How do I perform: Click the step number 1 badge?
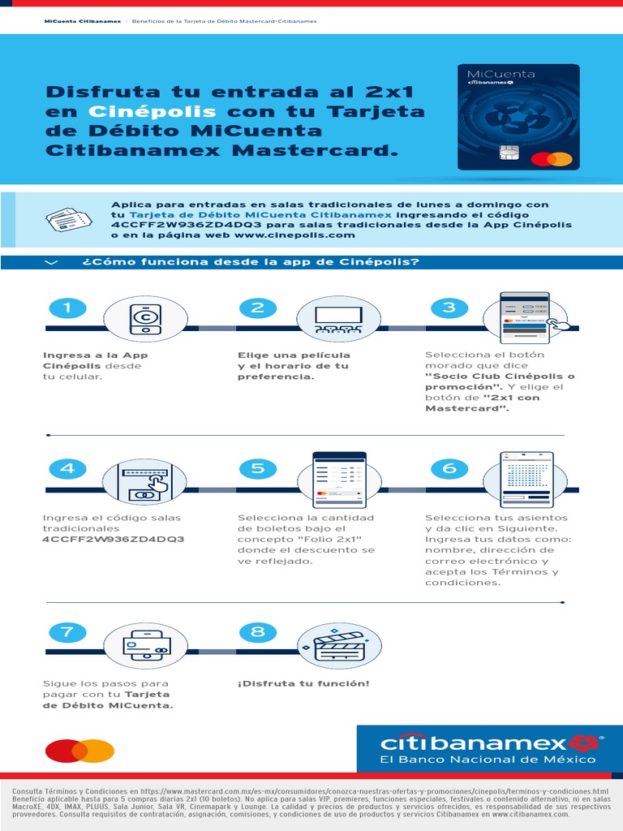pyautogui.click(x=67, y=308)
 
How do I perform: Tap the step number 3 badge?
pyautogui.click(x=449, y=308)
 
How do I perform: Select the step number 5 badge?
pyautogui.click(x=258, y=468)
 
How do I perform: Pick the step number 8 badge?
pyautogui.click(x=258, y=631)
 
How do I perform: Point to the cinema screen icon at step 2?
pyautogui.click(x=337, y=318)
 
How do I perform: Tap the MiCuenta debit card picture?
pyautogui.click(x=518, y=117)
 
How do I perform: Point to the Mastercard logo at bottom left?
pyautogui.click(x=79, y=751)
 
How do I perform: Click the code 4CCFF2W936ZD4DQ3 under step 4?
pyautogui.click(x=114, y=539)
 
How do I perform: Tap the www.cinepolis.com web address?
pyautogui.click(x=294, y=235)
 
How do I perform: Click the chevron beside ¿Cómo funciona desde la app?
pyautogui.click(x=53, y=262)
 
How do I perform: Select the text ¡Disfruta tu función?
pyautogui.click(x=303, y=683)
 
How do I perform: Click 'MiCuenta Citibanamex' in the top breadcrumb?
pyautogui.click(x=82, y=21)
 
